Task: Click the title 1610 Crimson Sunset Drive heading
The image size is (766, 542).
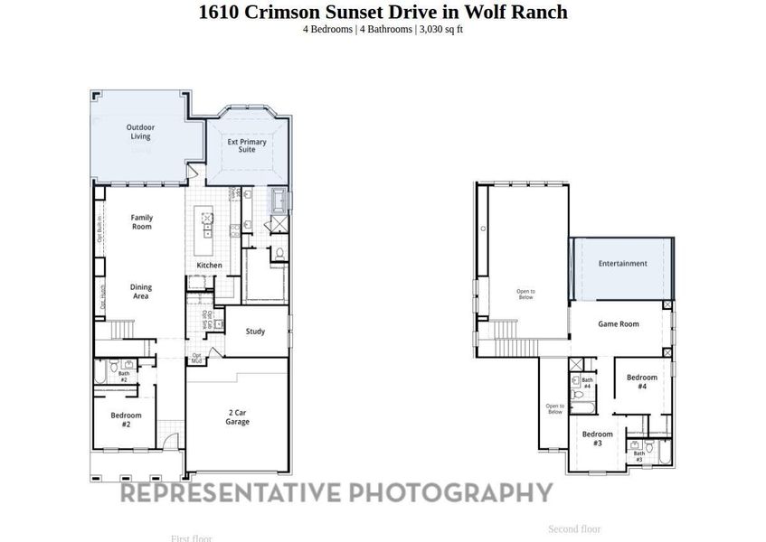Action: (x=383, y=12)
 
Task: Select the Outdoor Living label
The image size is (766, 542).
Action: (x=140, y=132)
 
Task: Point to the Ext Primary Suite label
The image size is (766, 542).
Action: (x=247, y=145)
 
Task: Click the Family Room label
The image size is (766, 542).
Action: (x=141, y=221)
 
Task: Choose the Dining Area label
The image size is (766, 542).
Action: (x=141, y=291)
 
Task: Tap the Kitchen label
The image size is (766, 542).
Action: (x=210, y=265)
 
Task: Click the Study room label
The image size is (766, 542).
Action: (x=256, y=332)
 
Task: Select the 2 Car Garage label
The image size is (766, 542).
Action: (x=238, y=417)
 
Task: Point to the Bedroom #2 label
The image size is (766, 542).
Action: (x=127, y=420)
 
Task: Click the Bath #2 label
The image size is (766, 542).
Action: (x=124, y=376)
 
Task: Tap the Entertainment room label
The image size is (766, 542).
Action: (x=622, y=264)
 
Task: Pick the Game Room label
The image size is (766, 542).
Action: (x=619, y=323)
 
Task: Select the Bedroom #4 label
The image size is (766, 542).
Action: (x=642, y=381)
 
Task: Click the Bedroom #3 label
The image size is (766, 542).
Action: (x=597, y=438)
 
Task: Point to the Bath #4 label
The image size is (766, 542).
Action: (x=587, y=383)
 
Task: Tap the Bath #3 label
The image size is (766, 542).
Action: (x=638, y=456)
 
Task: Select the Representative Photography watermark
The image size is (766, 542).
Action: (x=336, y=492)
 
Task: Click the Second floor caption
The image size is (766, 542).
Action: (x=574, y=529)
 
